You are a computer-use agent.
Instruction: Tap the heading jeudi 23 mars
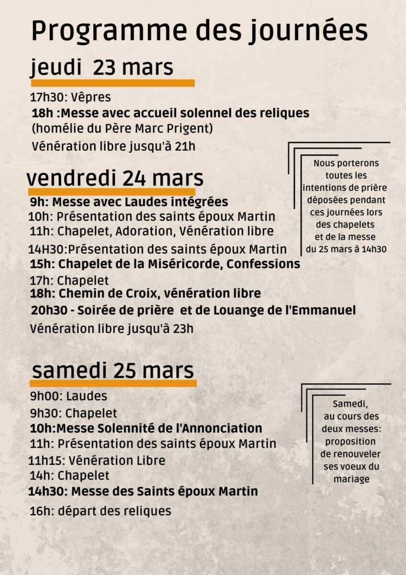[x=102, y=67]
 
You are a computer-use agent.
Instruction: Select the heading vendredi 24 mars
[x=115, y=178]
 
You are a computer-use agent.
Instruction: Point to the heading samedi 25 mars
[x=113, y=371]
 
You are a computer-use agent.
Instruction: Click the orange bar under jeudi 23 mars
[x=113, y=83]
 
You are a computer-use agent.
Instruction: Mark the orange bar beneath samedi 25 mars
[x=113, y=383]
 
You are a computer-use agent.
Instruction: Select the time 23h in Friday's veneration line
[x=183, y=329]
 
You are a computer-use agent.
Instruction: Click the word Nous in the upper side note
[x=324, y=163]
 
